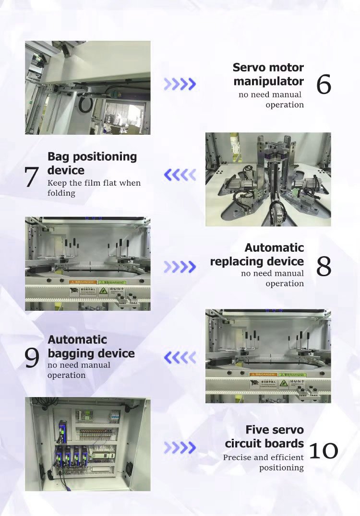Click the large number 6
[x=324, y=85]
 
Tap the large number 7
[x=31, y=177]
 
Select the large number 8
[x=324, y=267]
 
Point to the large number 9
[x=32, y=358]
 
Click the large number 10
[x=323, y=450]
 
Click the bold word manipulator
[x=268, y=81]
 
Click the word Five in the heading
[x=258, y=429]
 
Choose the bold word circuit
[x=243, y=443]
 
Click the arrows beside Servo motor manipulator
[x=180, y=84]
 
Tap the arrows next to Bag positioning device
[x=180, y=175]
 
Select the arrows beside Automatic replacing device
[x=180, y=267]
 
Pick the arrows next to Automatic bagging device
[x=180, y=357]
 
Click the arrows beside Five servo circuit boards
[x=180, y=448]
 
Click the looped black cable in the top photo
[x=85, y=104]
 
